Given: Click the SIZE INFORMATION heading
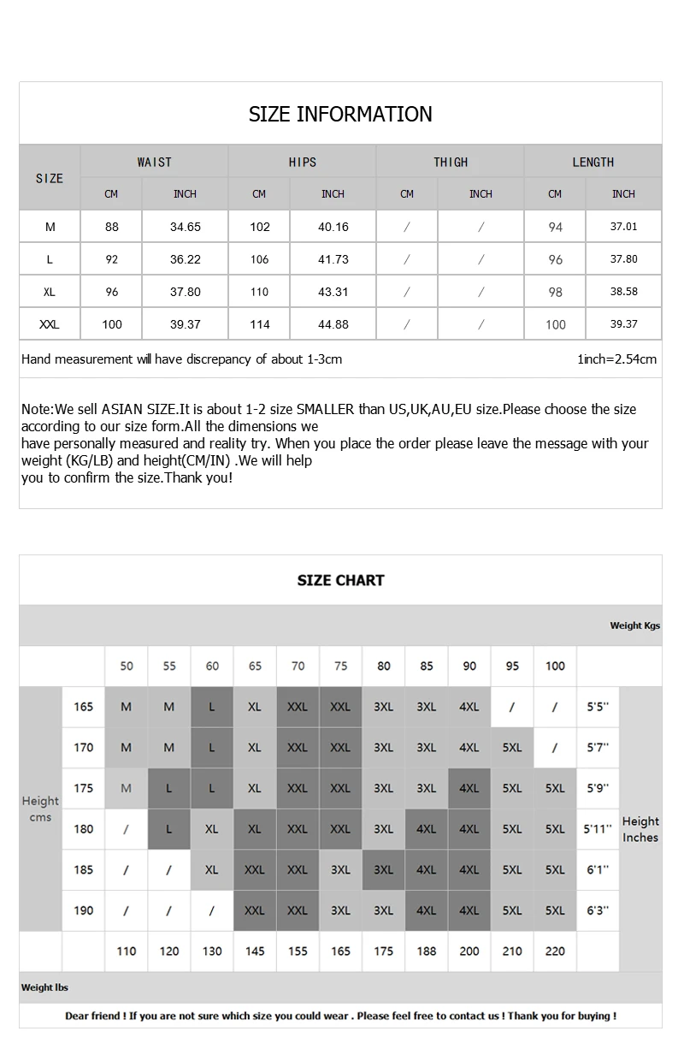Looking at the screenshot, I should click(340, 114).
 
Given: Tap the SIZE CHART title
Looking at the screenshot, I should click(340, 580).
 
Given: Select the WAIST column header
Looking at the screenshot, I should click(154, 162).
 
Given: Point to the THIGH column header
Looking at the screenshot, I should click(451, 162).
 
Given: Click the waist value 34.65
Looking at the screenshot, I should click(185, 227).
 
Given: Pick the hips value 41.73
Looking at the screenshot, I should click(333, 259).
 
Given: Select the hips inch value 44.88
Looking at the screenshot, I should click(333, 324).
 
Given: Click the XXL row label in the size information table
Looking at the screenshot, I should click(50, 324).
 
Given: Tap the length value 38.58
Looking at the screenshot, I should click(623, 292).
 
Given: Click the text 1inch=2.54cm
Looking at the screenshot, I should click(616, 359).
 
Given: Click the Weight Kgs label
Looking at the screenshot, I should click(634, 625).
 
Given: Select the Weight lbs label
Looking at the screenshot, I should click(44, 987).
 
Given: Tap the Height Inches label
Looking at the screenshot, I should click(640, 829).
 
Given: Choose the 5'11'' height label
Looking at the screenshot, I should click(598, 829).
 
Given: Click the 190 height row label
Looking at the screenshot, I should click(84, 910).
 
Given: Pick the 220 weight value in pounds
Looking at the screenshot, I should click(555, 951).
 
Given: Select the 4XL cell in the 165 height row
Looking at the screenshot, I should click(469, 707).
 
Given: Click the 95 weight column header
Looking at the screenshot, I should click(512, 666).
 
